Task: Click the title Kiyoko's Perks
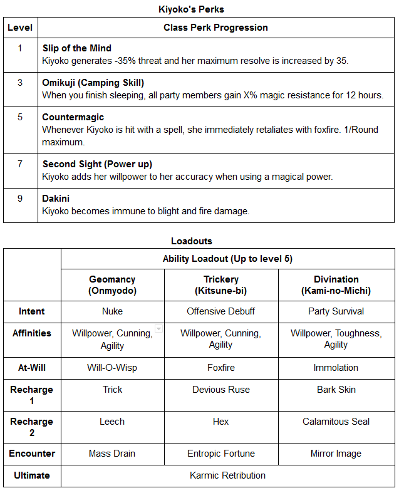tap(199, 10)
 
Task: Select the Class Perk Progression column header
tap(215, 28)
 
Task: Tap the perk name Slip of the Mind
tap(77, 48)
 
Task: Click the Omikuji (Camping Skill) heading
tap(93, 83)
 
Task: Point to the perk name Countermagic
tap(73, 117)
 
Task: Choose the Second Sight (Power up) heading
tap(97, 164)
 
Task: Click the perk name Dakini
tap(56, 199)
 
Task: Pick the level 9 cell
tap(19, 199)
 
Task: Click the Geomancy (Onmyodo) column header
tap(113, 285)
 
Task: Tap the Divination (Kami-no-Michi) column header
tap(336, 285)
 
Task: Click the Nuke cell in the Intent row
tap(113, 311)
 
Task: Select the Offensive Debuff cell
tap(221, 311)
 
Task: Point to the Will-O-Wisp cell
tap(113, 368)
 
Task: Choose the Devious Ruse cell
tap(221, 390)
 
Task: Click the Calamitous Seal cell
tap(336, 422)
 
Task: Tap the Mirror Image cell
tap(336, 454)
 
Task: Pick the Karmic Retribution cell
tap(228, 475)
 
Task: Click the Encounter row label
tap(32, 454)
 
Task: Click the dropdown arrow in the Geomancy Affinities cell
tap(158, 329)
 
